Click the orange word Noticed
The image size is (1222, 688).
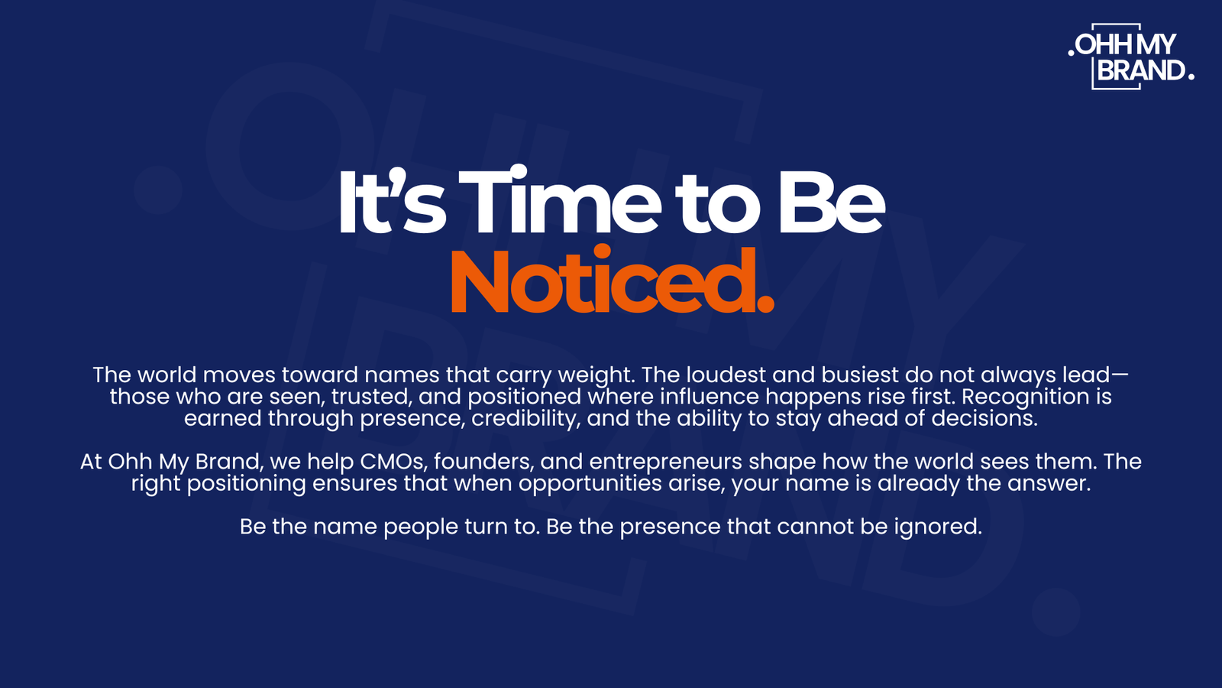point(612,281)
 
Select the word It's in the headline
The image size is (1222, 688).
point(393,202)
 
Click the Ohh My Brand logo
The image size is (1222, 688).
point(1131,57)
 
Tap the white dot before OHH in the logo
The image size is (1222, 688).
point(1071,53)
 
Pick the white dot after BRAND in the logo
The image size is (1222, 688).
point(1191,77)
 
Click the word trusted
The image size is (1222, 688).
point(371,397)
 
